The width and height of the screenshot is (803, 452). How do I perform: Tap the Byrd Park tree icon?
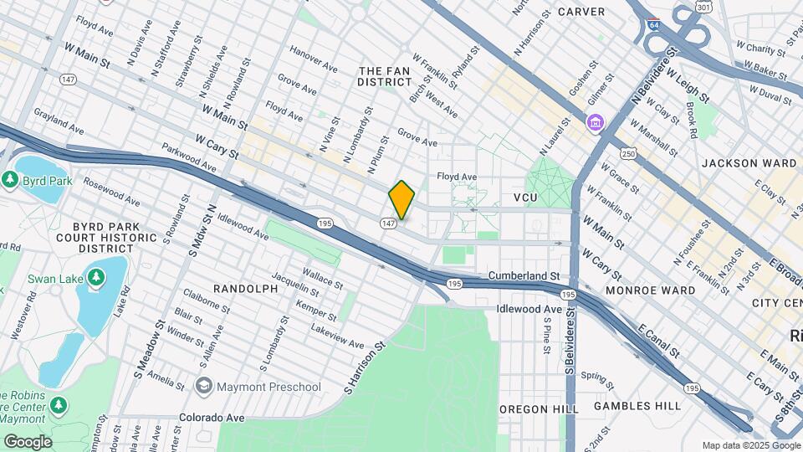click(x=11, y=180)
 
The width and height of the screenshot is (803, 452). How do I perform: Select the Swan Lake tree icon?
click(x=97, y=277)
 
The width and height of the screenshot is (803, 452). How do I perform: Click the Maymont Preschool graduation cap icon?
click(x=203, y=386)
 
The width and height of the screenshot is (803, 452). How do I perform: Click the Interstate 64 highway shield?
click(x=653, y=23)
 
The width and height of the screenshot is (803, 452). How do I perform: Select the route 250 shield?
click(x=628, y=155)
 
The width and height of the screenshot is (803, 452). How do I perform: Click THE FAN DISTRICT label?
click(x=385, y=76)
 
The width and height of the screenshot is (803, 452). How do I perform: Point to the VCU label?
click(x=524, y=198)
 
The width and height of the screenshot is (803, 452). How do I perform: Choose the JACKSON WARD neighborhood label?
click(x=749, y=163)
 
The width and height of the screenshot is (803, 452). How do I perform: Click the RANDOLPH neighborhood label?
click(x=245, y=288)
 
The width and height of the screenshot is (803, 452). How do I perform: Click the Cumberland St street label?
click(x=523, y=275)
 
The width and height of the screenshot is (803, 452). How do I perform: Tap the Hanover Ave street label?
click(x=312, y=51)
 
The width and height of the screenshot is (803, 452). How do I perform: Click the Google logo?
click(x=28, y=441)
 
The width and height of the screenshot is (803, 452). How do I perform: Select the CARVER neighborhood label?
click(x=581, y=12)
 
